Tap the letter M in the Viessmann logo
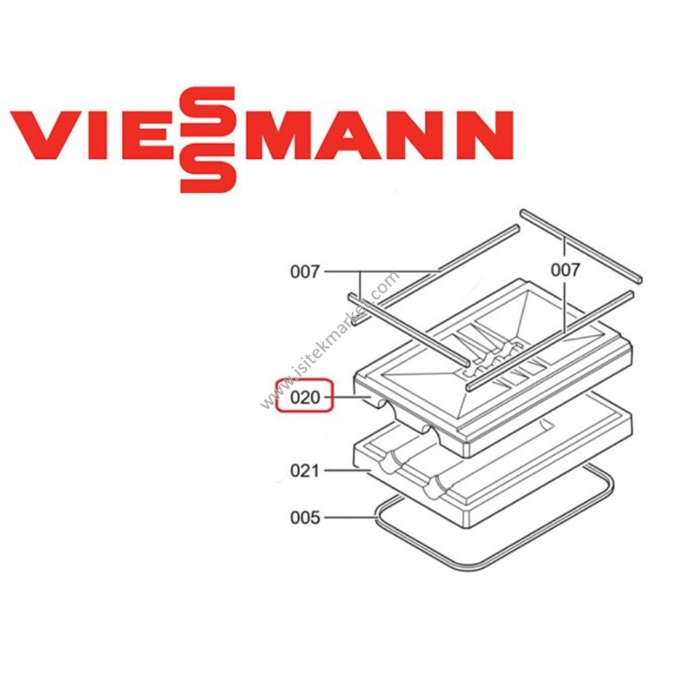[x=283, y=135]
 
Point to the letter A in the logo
[x=359, y=135]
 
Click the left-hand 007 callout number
[x=305, y=272]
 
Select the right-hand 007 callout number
[x=565, y=271]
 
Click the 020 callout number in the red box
[x=305, y=398]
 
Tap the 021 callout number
[x=305, y=471]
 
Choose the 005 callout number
[x=305, y=518]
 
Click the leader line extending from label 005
[x=350, y=518]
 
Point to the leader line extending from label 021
[x=347, y=471]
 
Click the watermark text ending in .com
[x=330, y=340]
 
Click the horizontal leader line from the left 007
[x=382, y=272]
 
